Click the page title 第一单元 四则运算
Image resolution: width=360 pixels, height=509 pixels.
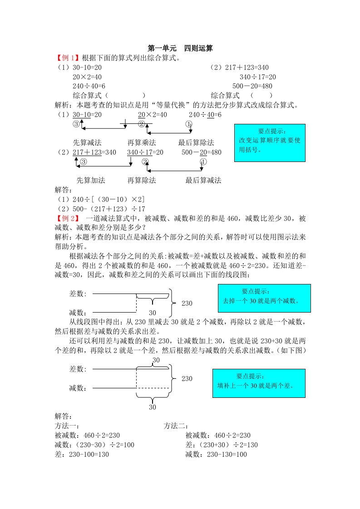click(x=180, y=48)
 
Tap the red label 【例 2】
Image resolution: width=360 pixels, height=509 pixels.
click(x=67, y=219)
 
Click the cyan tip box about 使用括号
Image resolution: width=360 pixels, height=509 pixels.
click(x=270, y=143)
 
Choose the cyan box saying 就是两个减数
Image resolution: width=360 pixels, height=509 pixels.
click(x=264, y=298)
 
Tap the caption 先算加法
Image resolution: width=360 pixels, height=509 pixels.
click(x=90, y=180)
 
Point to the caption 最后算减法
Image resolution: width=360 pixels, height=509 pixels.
click(x=203, y=180)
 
